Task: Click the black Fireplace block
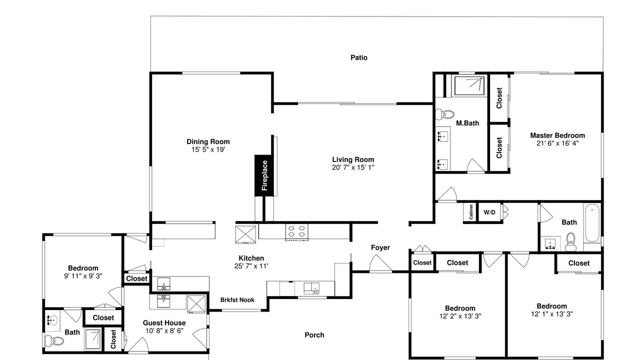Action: point(264,175)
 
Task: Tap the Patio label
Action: point(359,57)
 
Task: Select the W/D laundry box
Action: point(489,212)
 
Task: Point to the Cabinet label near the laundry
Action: point(471,212)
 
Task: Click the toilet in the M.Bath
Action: point(444,114)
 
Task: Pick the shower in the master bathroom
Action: point(469,85)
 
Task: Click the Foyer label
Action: point(380,247)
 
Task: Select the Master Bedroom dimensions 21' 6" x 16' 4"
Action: point(557,143)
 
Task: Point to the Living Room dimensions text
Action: point(353,167)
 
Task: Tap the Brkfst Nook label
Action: point(237,300)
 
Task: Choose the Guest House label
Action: point(164,323)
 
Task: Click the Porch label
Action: point(314,335)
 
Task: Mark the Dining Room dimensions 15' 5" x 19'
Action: point(208,149)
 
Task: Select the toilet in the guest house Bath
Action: point(54,340)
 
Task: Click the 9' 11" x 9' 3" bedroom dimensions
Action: point(83,276)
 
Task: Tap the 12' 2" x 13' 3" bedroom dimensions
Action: point(460,316)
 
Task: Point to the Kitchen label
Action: point(251,258)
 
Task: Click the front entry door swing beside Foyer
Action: point(380,263)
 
